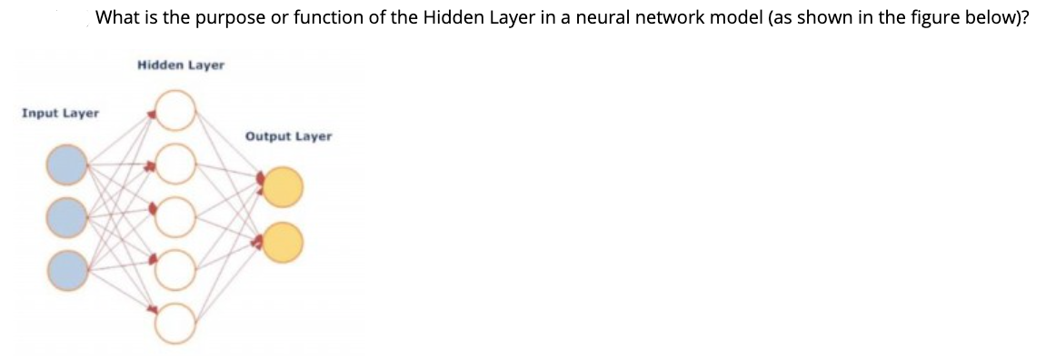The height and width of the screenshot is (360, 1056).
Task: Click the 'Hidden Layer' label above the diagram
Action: click(x=181, y=65)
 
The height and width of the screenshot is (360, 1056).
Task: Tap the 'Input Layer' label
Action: click(x=61, y=114)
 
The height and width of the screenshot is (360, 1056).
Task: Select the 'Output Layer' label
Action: click(x=288, y=136)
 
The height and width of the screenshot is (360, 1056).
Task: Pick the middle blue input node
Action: click(x=68, y=217)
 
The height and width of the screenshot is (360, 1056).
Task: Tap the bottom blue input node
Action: click(x=68, y=270)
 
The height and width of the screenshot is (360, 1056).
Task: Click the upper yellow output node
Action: click(x=283, y=187)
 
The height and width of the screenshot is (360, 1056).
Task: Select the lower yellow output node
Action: click(x=283, y=242)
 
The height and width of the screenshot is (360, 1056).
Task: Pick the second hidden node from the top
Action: click(x=176, y=163)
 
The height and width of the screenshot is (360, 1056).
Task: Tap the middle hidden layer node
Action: click(x=176, y=216)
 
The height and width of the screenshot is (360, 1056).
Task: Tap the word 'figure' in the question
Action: click(x=936, y=17)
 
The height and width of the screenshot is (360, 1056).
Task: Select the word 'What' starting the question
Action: click(x=115, y=17)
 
